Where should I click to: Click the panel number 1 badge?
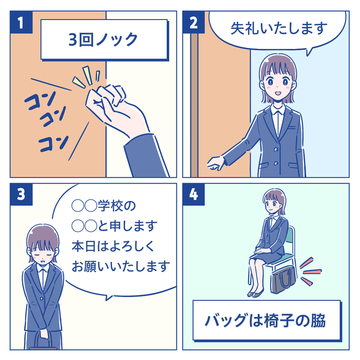pos(21,22)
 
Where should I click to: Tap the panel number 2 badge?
pos(193,22)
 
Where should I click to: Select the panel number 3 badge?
pos(21,194)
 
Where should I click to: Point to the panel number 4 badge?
pos(193,194)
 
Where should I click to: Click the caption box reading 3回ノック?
pos(104,40)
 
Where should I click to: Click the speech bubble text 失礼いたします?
pos(279,28)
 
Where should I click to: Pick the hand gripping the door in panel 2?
pos(215,164)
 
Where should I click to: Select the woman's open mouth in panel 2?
pos(277,94)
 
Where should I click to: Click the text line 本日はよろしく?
pos(113,246)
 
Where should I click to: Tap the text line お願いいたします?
pos(121,266)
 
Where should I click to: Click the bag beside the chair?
pos(283,279)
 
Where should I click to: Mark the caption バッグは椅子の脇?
pos(265,321)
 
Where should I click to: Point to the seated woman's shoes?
pos(256,293)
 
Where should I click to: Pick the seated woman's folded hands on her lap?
pos(262,250)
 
